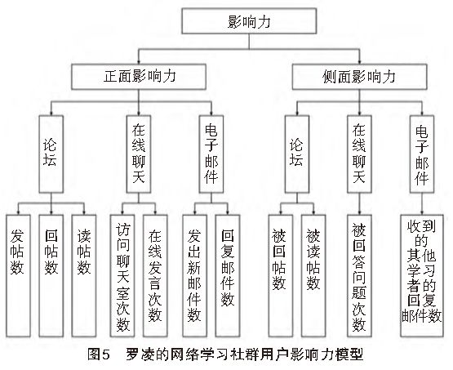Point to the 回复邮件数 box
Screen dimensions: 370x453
click(x=228, y=274)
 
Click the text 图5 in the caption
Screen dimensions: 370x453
click(x=99, y=356)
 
